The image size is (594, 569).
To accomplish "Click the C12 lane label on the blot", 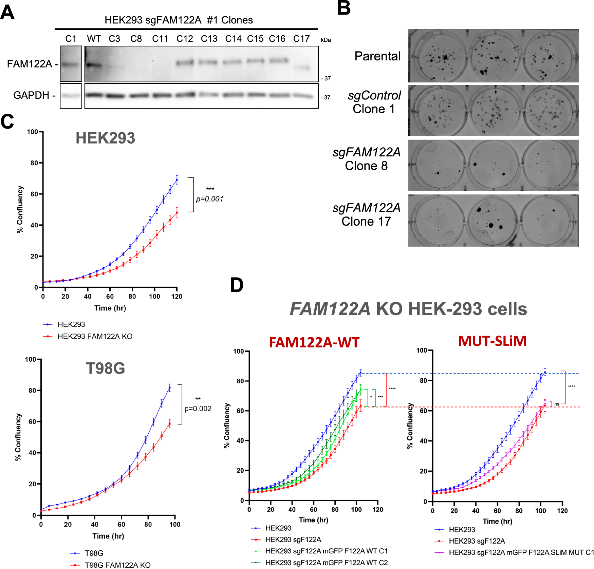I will [x=185, y=39].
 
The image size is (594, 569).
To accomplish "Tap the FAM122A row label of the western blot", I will [x=30, y=64].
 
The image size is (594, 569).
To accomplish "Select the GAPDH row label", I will [x=31, y=95].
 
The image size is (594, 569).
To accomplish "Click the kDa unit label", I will [x=326, y=40].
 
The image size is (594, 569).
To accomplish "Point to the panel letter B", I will [x=344, y=8].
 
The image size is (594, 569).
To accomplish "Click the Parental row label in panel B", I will [x=377, y=56].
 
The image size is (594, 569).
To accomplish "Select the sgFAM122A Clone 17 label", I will [x=366, y=214].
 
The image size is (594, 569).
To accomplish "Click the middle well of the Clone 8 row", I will [x=493, y=165].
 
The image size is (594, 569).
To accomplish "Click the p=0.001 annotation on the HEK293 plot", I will [x=210, y=199].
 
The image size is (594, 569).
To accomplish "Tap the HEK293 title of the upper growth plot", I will [x=105, y=138].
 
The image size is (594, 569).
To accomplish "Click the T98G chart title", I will [x=105, y=368].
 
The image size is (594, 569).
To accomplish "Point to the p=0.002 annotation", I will [x=198, y=409].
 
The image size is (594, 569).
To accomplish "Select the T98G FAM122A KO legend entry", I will [x=117, y=565].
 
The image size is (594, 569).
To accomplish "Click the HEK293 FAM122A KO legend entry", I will [x=95, y=336].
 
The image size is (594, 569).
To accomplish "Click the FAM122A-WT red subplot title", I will [x=314, y=342].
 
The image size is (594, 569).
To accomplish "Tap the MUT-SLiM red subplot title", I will [x=492, y=341].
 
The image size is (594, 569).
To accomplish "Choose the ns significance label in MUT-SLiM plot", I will [x=557, y=404].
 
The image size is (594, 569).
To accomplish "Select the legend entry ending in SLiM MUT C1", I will [x=521, y=552].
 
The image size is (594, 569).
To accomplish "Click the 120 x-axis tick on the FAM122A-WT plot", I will [x=377, y=509].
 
